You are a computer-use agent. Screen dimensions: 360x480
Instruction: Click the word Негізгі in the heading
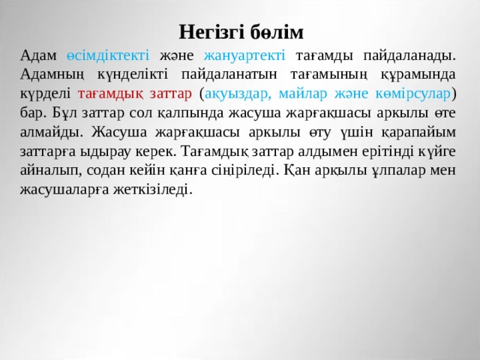point(212,32)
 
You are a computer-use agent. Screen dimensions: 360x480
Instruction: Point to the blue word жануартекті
point(244,55)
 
